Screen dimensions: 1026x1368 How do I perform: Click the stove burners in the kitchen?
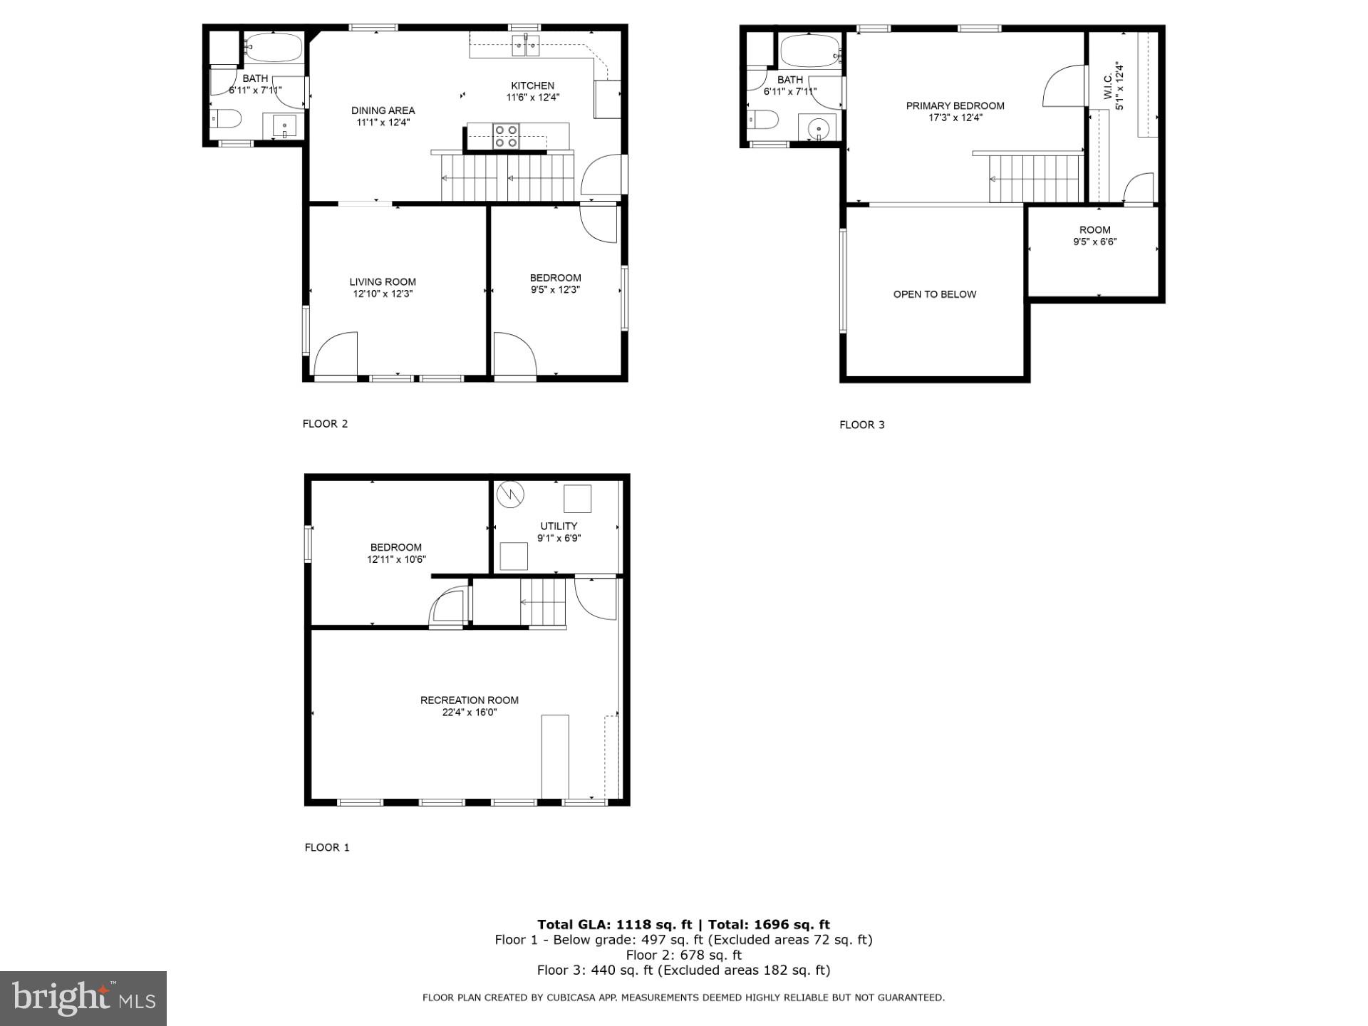pyautogui.click(x=506, y=136)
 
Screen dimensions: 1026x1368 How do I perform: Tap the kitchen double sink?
pyautogui.click(x=526, y=46)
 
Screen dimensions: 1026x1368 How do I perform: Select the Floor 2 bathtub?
pyautogui.click(x=274, y=48)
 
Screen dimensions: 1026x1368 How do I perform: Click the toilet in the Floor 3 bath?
pyautogui.click(x=762, y=119)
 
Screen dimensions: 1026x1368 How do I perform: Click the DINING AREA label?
pyautogui.click(x=383, y=110)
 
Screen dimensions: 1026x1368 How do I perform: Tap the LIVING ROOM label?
pyautogui.click(x=383, y=281)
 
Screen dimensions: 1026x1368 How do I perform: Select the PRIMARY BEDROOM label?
pyautogui.click(x=955, y=105)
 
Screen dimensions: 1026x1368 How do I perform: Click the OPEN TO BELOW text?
pyautogui.click(x=934, y=294)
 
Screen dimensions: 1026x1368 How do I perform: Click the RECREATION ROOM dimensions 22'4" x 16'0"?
pyautogui.click(x=469, y=712)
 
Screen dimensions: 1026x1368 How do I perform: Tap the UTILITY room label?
pyautogui.click(x=559, y=526)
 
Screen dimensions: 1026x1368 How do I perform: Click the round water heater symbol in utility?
pyautogui.click(x=510, y=494)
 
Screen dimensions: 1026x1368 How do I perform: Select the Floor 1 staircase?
pyautogui.click(x=543, y=602)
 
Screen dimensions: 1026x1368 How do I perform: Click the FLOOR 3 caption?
pyautogui.click(x=861, y=425)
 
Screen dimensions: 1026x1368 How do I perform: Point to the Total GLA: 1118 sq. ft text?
pyautogui.click(x=614, y=925)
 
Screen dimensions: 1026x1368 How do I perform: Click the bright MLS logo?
pyautogui.click(x=83, y=998)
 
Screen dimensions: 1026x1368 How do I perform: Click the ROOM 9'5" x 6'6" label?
pyautogui.click(x=1094, y=235)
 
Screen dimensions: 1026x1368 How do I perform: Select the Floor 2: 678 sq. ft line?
pyautogui.click(x=683, y=955)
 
